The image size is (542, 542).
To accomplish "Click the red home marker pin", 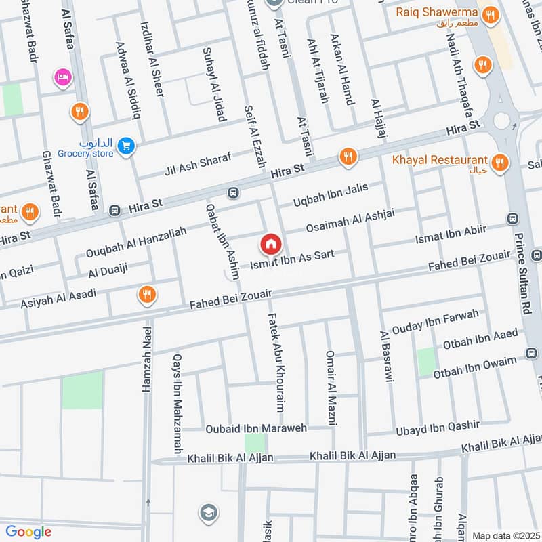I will tap(270, 244).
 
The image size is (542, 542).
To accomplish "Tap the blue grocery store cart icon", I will tap(125, 146).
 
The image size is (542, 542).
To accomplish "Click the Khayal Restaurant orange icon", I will tap(499, 162).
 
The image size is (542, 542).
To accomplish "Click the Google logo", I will tap(28, 532).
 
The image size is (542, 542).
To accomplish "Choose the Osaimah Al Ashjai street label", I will tap(350, 222).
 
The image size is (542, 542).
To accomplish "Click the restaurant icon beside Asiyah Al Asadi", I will tap(145, 294).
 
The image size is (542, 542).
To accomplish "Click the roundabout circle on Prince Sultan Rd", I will tap(502, 120).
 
